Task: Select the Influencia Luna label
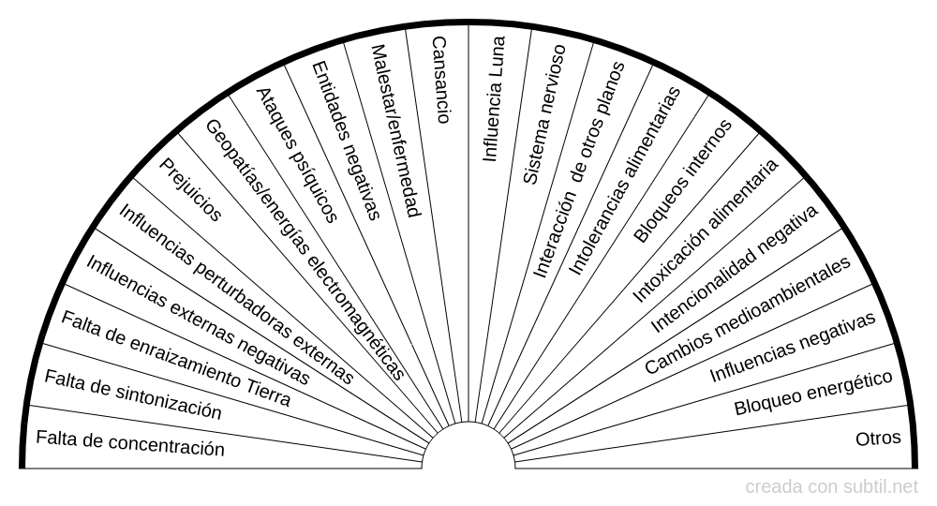[494, 98]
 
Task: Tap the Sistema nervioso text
[544, 114]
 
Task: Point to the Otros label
[878, 439]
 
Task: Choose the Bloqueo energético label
[813, 393]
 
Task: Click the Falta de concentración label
[130, 443]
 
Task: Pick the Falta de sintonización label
[133, 394]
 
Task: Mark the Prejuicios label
[190, 190]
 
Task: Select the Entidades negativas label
[346, 141]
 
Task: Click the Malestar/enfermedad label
[395, 131]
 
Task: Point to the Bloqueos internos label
[682, 181]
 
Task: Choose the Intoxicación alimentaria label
[706, 231]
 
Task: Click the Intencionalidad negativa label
[735, 269]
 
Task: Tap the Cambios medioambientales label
[748, 315]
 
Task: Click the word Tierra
[268, 391]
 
